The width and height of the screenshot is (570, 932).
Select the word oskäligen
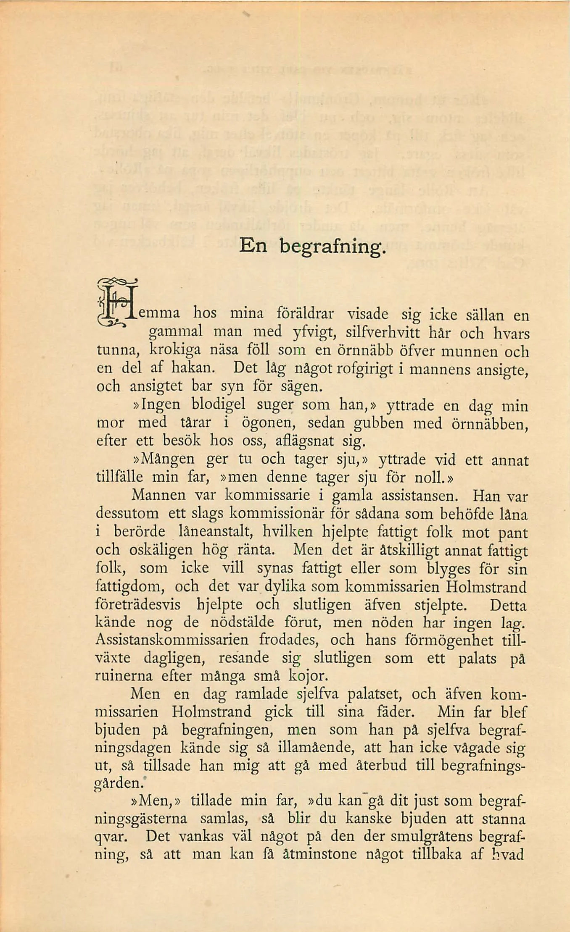(160, 550)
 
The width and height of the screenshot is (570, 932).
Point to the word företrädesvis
(138, 604)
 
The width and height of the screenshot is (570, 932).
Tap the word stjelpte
(440, 605)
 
